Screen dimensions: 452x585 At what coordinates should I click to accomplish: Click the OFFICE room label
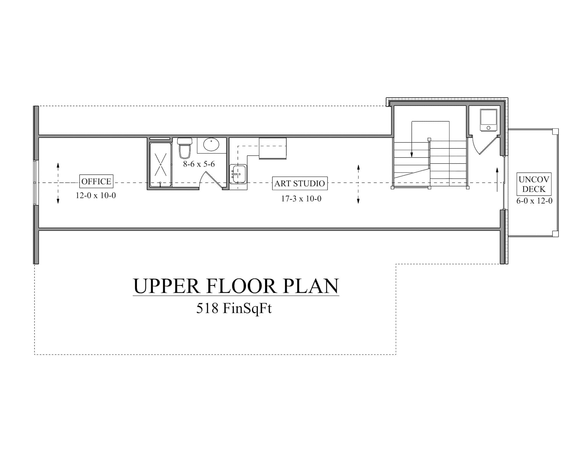click(x=96, y=181)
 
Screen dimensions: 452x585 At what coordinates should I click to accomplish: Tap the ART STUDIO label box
click(x=300, y=183)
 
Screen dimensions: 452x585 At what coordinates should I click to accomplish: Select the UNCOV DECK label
click(x=534, y=184)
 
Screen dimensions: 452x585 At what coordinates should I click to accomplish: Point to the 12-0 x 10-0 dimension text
click(x=96, y=195)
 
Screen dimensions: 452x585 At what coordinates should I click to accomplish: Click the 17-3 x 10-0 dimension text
click(x=301, y=199)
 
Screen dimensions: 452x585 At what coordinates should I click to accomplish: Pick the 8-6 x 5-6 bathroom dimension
click(x=199, y=164)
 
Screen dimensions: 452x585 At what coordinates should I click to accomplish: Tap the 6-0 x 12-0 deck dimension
click(x=534, y=201)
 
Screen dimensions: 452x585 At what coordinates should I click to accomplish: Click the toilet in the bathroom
click(x=185, y=148)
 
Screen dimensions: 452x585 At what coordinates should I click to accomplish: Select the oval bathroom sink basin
click(x=211, y=145)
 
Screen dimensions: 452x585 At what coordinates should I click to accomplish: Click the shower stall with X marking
click(x=161, y=165)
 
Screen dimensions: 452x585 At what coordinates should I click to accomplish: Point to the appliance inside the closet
click(x=488, y=120)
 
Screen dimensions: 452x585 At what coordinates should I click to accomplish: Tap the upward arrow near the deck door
click(x=497, y=179)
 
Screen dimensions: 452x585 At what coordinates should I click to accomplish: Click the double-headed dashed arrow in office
click(x=58, y=183)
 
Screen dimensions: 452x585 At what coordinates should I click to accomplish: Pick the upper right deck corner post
click(x=555, y=131)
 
